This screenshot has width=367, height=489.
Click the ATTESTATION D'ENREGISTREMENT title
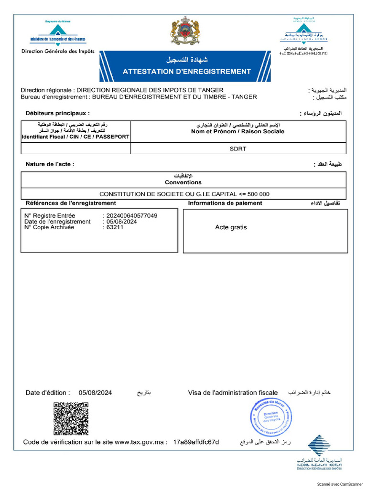pyautogui.click(x=186, y=72)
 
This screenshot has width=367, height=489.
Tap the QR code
pyautogui.click(x=71, y=419)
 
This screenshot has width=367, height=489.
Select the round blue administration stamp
pyautogui.click(x=270, y=417)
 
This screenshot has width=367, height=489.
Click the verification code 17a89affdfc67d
pyautogui.click(x=196, y=442)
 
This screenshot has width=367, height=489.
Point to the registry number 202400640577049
pyautogui.click(x=132, y=215)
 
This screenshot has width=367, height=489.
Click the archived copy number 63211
pyautogui.click(x=115, y=227)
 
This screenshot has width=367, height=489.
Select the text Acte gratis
pyautogui.click(x=231, y=227)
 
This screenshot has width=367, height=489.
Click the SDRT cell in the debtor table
pyautogui.click(x=238, y=149)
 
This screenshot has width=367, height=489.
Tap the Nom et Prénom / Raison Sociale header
pyautogui.click(x=237, y=131)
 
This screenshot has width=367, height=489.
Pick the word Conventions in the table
pyautogui.click(x=183, y=182)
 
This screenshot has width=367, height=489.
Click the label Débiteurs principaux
pyautogui.click(x=57, y=113)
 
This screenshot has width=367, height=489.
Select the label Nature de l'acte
pyautogui.click(x=50, y=164)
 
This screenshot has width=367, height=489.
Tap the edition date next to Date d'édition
pyautogui.click(x=96, y=393)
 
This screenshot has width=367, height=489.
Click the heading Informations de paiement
pyautogui.click(x=225, y=203)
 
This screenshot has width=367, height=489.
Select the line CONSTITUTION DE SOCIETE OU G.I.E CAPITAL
pyautogui.click(x=184, y=194)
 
